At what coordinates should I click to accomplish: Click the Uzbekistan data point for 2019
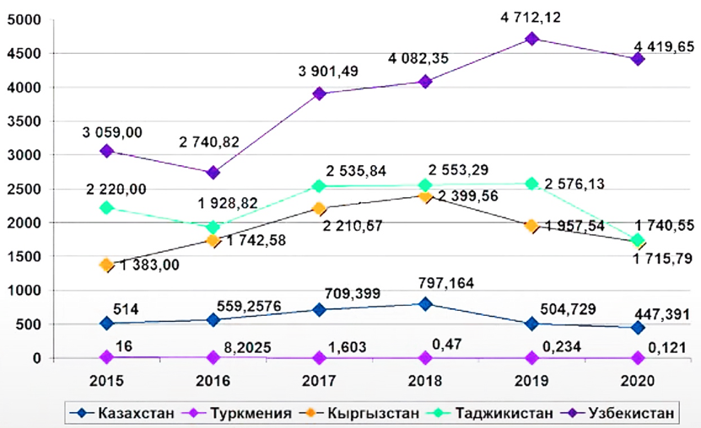[x=531, y=39]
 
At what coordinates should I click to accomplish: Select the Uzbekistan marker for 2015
[x=107, y=151]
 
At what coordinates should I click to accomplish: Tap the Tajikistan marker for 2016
[x=213, y=227]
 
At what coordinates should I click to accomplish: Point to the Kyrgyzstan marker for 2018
[x=426, y=196]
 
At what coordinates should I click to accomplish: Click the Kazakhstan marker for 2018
[x=426, y=304]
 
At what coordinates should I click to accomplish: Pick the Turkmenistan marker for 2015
[x=107, y=357]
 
